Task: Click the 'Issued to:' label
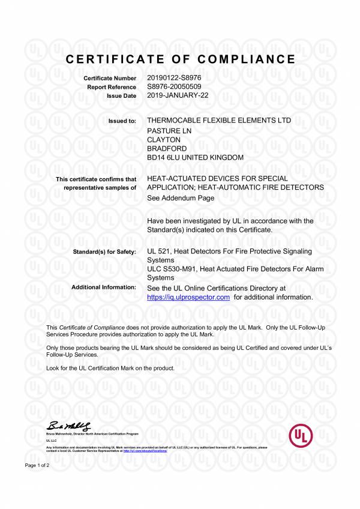[x=122, y=121]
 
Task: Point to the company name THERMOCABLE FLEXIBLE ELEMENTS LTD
[x=219, y=121]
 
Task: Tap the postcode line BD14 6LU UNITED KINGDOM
[x=195, y=157]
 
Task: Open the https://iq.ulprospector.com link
[x=188, y=297]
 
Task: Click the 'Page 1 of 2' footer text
[x=37, y=465]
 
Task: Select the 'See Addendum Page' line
[x=180, y=197]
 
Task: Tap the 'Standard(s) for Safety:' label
[x=104, y=252]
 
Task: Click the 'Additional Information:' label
[x=104, y=288]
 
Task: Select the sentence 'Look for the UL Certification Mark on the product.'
[x=110, y=367]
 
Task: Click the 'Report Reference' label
[x=112, y=88]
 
